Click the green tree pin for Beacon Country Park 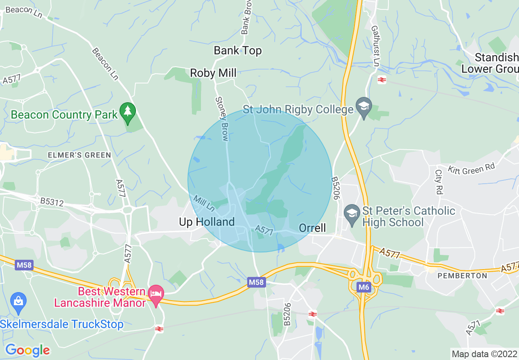coord(127,111)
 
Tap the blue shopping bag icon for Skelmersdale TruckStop coord(18,301)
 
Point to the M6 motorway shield coord(363,287)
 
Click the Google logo coord(27,350)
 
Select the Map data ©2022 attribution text coord(483,353)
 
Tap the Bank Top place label coord(238,51)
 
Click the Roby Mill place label coord(213,73)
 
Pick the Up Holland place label coord(207,222)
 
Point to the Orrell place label coord(312,228)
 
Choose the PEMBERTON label coord(463,276)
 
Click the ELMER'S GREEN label coord(79,155)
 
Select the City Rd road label coord(439,182)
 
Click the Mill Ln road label coord(204,203)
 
